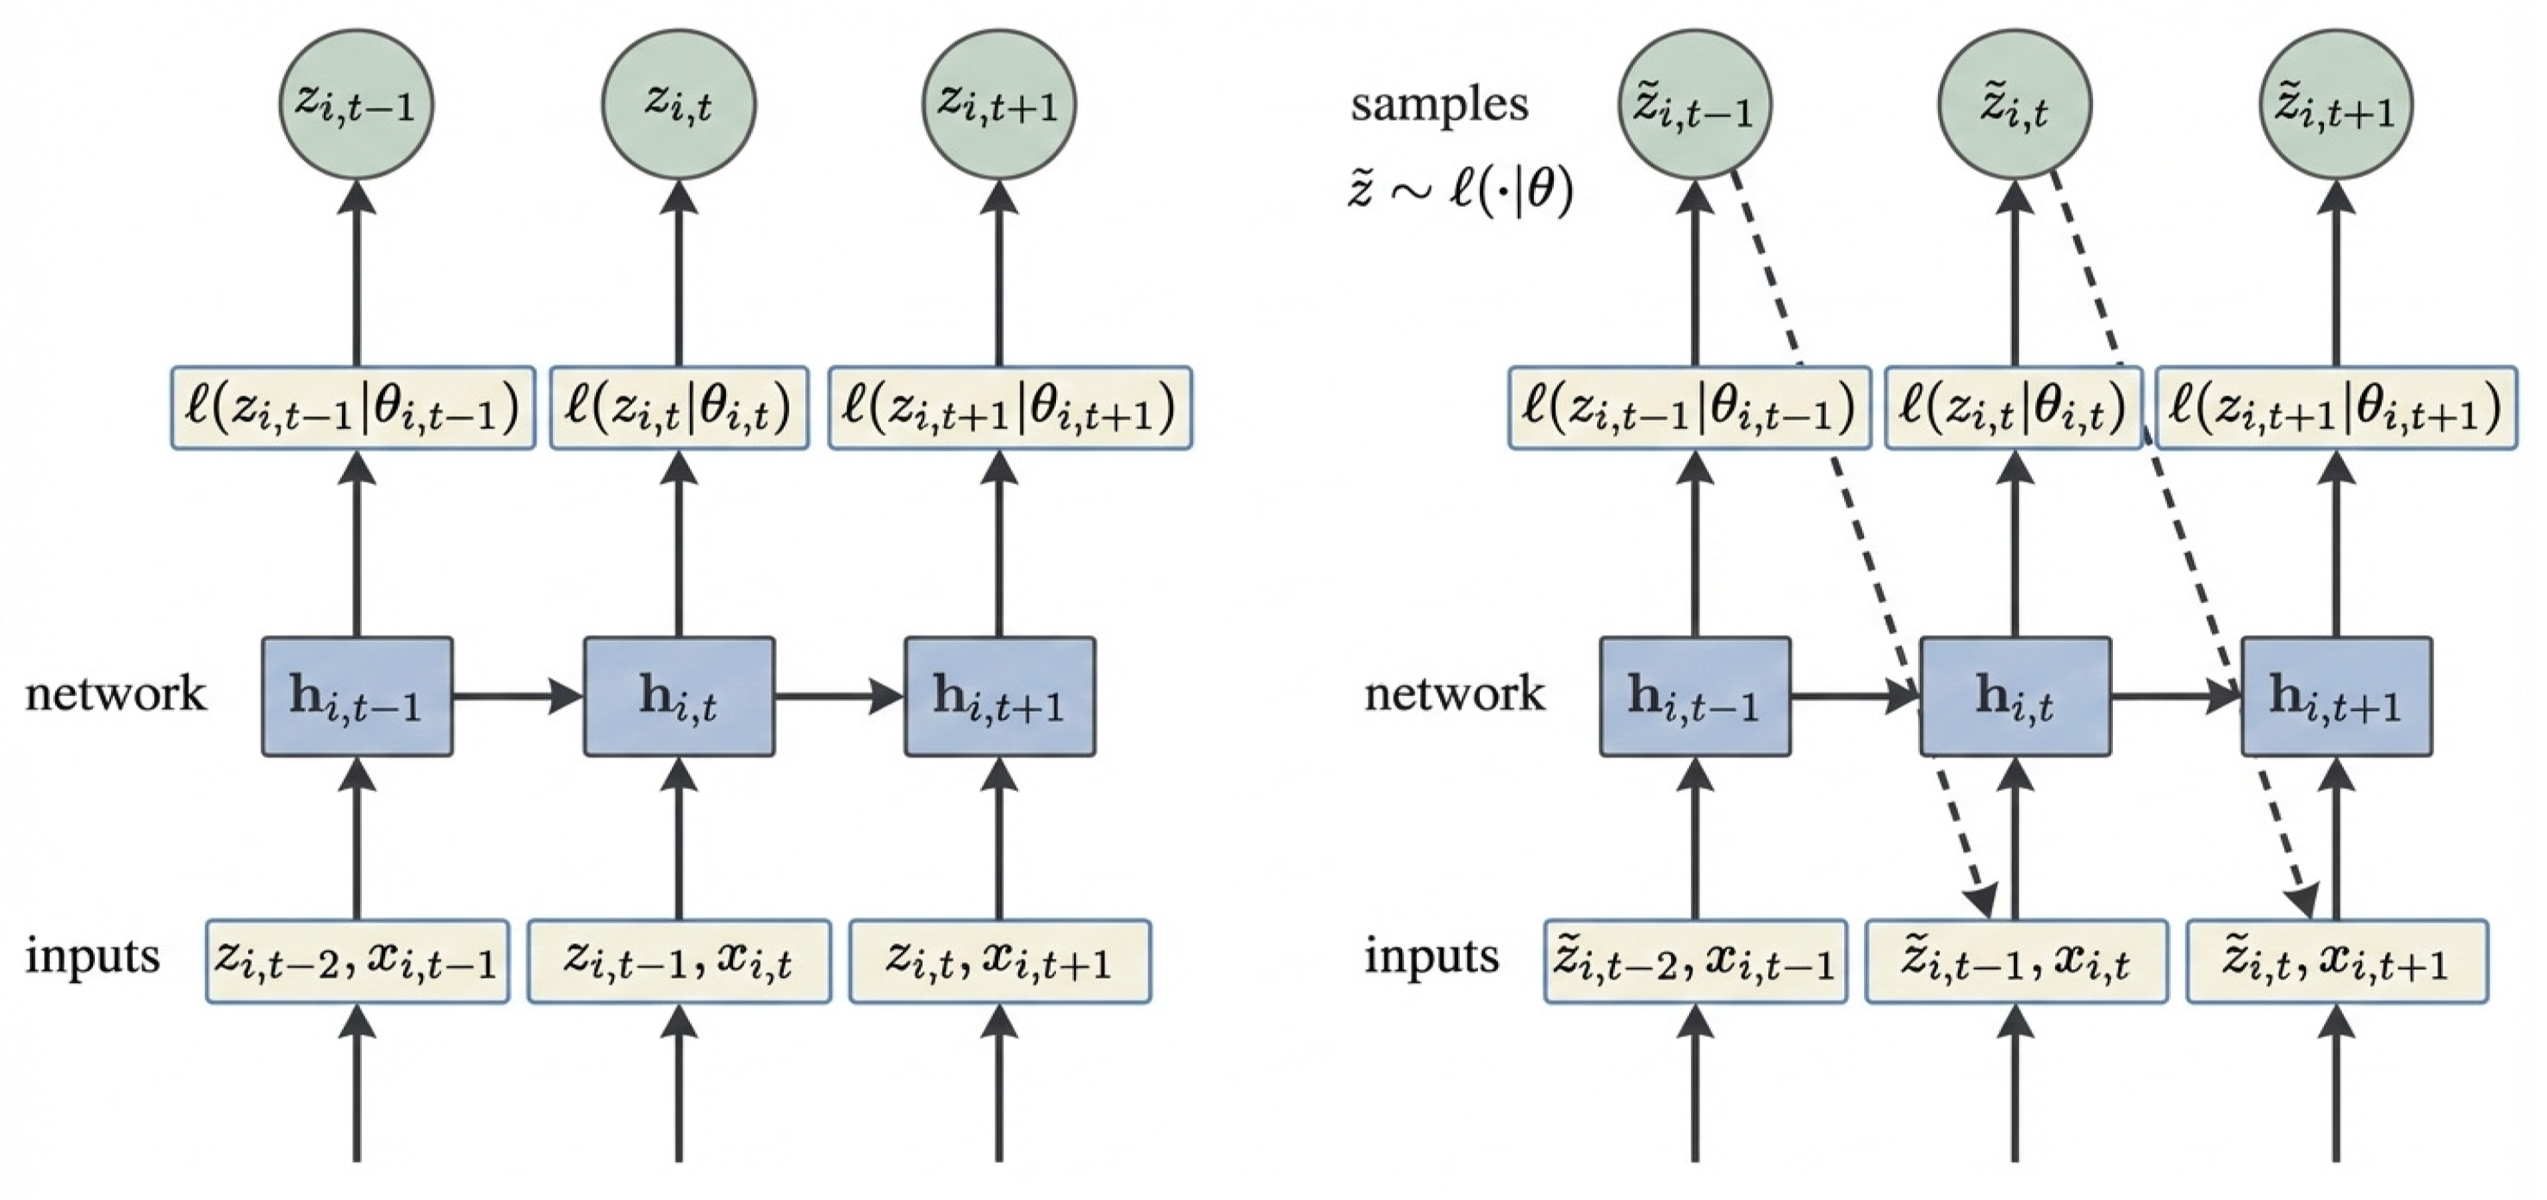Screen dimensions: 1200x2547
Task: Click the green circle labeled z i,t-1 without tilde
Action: pyautogui.click(x=356, y=103)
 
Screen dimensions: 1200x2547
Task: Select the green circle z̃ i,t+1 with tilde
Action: pyautogui.click(x=2335, y=103)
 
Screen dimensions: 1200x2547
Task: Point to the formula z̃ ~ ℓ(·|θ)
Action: pyautogui.click(x=1459, y=190)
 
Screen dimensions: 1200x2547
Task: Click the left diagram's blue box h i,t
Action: pyautogui.click(x=678, y=697)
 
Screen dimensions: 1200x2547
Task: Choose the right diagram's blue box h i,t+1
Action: pyautogui.click(x=2335, y=697)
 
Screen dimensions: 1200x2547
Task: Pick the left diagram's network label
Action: pyautogui.click(x=115, y=694)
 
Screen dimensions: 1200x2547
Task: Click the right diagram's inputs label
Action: pyautogui.click(x=1431, y=956)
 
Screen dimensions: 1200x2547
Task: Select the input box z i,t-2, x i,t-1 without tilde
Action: pyautogui.click(x=357, y=961)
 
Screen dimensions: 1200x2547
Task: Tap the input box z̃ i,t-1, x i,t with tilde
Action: pyautogui.click(x=2015, y=961)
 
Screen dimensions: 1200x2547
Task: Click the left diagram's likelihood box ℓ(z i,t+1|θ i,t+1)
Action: pyautogui.click(x=1009, y=408)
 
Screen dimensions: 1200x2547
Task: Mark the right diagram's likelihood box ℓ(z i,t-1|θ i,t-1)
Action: pyautogui.click(x=1689, y=408)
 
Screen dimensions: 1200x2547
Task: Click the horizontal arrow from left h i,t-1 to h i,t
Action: pyautogui.click(x=516, y=697)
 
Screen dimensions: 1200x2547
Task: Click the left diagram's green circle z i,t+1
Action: pyautogui.click(x=998, y=103)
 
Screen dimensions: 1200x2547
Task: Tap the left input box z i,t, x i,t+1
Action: pyautogui.click(x=1000, y=961)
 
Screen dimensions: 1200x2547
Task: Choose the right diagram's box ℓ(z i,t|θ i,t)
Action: pyautogui.click(x=2013, y=408)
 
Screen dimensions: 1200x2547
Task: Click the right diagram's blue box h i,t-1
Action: pyautogui.click(x=1695, y=697)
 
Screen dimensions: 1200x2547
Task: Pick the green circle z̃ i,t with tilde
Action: pyautogui.click(x=2014, y=103)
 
